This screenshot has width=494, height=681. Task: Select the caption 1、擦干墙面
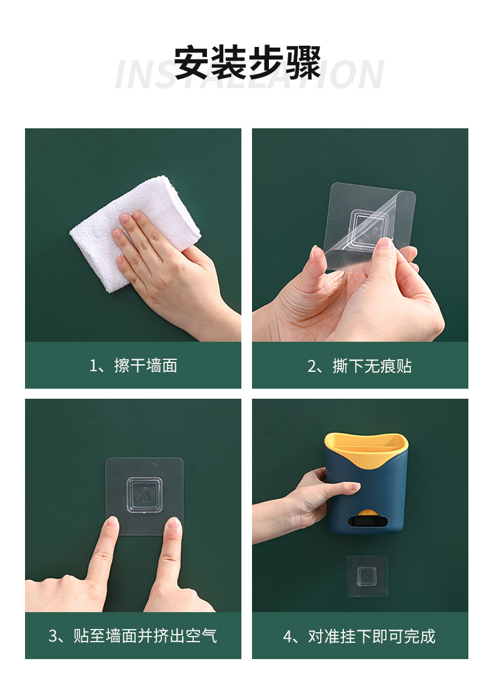pos(133,366)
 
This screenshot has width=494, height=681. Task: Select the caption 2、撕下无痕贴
pos(360,366)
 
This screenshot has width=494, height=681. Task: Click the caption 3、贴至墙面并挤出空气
pos(133,636)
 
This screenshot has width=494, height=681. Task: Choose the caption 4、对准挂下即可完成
pos(360,636)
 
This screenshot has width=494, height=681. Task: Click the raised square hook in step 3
pos(144,495)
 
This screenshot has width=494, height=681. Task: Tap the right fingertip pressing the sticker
pos(173,526)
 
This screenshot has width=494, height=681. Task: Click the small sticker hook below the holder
pos(367,576)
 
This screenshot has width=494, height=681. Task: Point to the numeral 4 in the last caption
pos(288,637)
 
